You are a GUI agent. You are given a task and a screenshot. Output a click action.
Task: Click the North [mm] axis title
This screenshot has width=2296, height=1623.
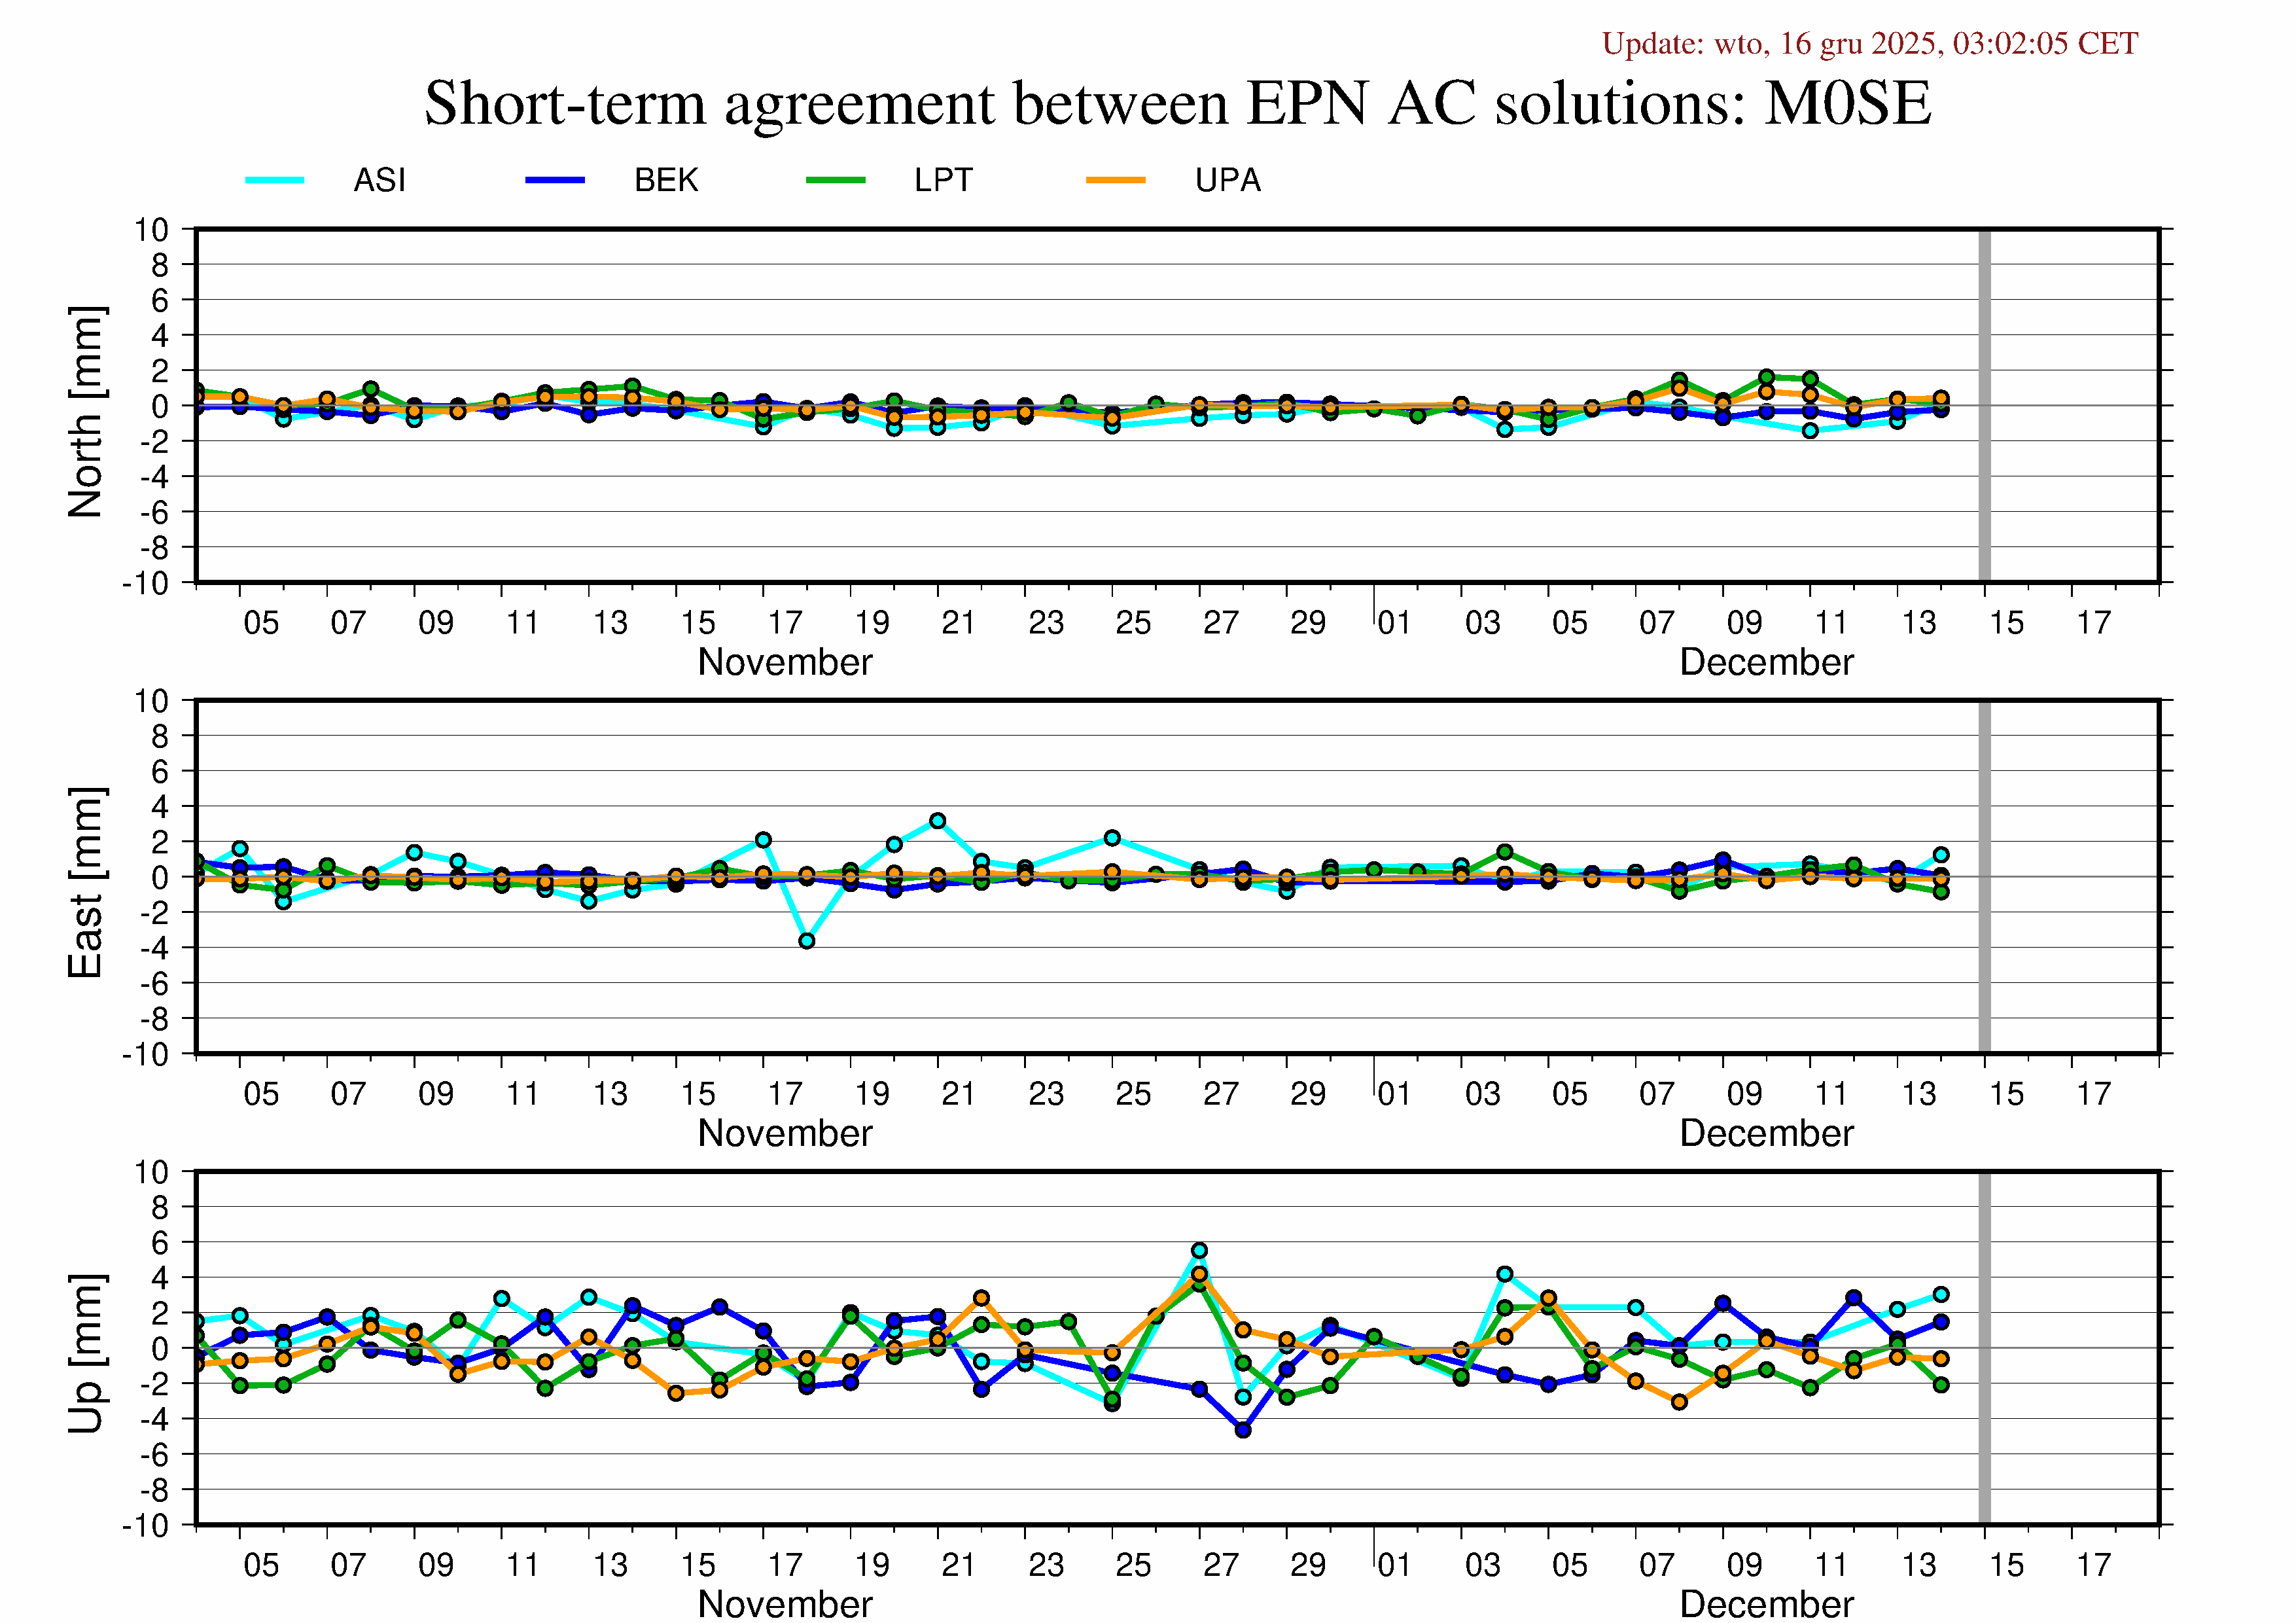point(86,412)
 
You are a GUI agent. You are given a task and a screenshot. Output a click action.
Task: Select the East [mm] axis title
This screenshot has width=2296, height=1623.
point(86,882)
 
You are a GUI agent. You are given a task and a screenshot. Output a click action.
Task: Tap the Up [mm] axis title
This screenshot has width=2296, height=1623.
point(86,1353)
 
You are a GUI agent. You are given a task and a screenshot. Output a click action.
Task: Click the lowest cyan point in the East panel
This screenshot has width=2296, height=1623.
point(807,941)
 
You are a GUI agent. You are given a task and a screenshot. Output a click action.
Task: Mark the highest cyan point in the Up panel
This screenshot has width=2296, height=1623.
point(1199,1251)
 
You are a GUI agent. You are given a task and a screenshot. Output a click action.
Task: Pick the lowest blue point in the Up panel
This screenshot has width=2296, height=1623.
point(1243,1430)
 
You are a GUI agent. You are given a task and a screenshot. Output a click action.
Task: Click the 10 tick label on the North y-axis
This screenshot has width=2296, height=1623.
point(152,230)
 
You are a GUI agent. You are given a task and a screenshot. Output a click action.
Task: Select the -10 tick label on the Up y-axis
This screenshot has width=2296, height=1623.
point(146,1526)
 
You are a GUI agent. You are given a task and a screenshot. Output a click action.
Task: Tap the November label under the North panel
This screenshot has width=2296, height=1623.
point(785,662)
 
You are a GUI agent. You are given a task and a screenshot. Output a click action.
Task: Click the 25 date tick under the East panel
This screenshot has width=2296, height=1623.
point(1133,1094)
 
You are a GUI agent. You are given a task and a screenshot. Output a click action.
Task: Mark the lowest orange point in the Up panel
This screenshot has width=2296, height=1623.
point(1679,1402)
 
